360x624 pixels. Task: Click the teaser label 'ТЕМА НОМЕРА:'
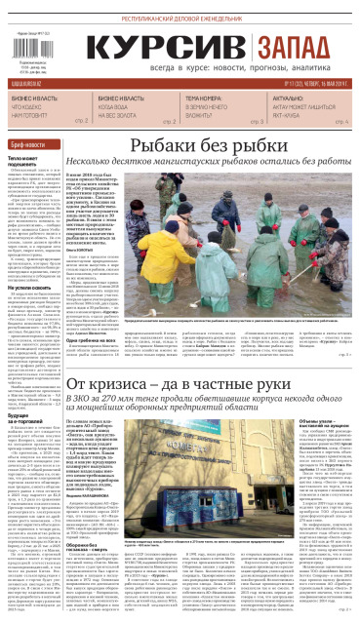[x=205, y=99]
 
